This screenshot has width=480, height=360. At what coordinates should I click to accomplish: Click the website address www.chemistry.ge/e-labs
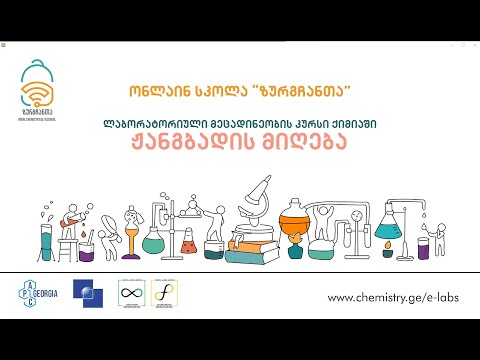click(392, 298)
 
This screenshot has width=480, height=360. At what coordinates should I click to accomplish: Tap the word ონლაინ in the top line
click(149, 91)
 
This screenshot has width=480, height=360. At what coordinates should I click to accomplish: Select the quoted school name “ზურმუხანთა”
click(296, 91)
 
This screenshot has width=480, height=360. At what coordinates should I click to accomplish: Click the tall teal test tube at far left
click(46, 242)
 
